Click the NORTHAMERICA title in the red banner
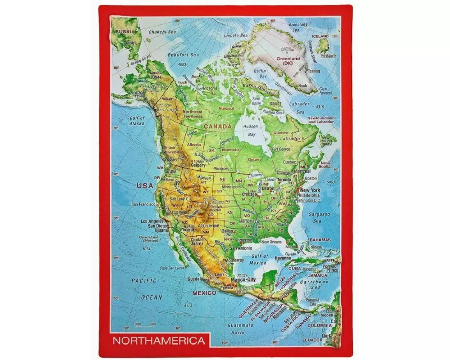pos(158,341)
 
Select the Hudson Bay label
pos(250,130)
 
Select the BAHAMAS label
pos(320,240)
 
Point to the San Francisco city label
pos(144,204)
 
